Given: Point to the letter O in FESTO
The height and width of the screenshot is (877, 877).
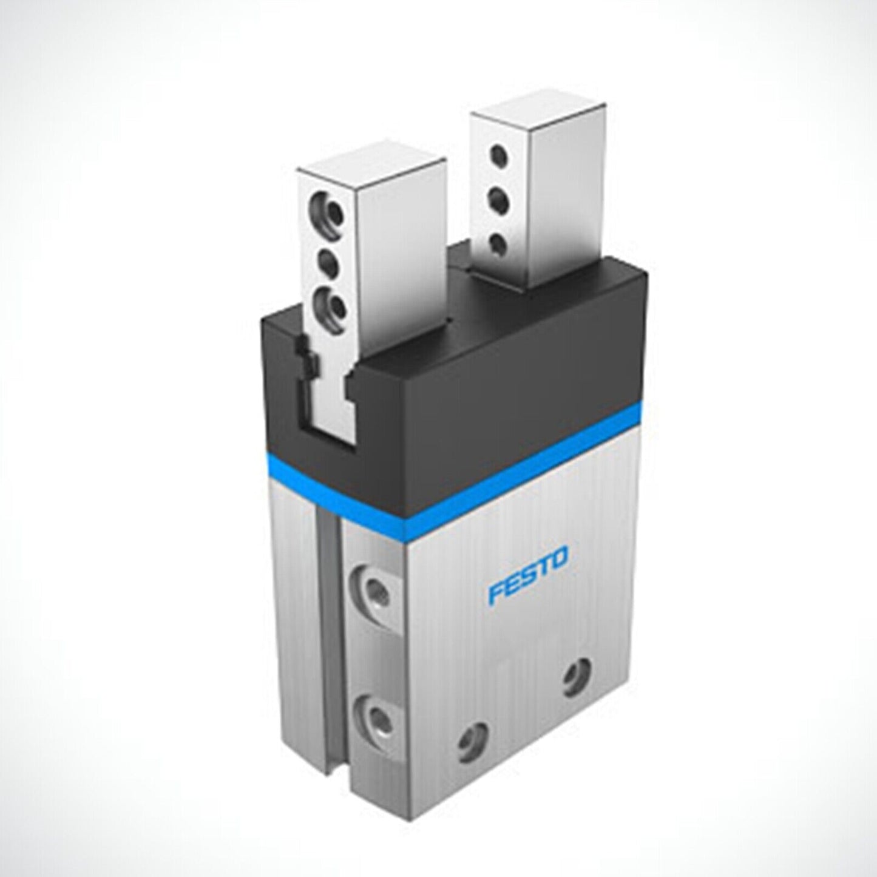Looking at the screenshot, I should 558,558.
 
